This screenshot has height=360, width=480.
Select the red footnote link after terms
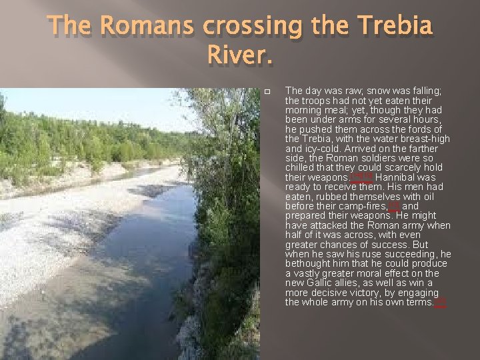(440, 303)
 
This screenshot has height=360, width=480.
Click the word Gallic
(322, 283)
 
